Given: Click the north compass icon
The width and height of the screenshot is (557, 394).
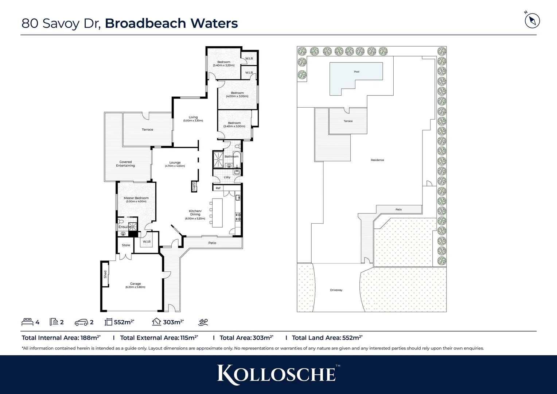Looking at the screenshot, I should click(532, 20).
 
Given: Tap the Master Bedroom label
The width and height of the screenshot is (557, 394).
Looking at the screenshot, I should click(136, 198).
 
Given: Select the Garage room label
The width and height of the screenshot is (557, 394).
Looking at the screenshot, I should click(135, 283).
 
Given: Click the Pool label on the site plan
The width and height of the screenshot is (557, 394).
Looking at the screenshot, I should click(357, 72).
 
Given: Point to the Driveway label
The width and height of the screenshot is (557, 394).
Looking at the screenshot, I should click(336, 290).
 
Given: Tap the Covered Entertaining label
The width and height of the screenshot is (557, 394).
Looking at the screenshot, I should click(125, 164).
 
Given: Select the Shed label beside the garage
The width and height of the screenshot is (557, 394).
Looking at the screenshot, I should click(105, 274).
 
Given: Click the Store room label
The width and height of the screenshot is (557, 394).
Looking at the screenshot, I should click(126, 245).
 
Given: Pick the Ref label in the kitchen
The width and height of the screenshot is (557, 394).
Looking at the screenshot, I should click(218, 188).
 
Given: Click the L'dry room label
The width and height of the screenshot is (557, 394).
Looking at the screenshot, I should click(227, 177).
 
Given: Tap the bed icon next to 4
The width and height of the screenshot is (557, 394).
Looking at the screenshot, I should click(27, 322).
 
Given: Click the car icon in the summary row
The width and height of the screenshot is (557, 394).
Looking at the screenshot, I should click(81, 322).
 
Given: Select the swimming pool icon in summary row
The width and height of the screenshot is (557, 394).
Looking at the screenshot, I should click(203, 322).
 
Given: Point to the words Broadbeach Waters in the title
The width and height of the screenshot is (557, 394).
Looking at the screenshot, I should click(171, 23).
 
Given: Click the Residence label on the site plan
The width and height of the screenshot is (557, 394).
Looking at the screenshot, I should click(377, 160).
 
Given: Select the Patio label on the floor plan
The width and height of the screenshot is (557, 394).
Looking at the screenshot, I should click(212, 243).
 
